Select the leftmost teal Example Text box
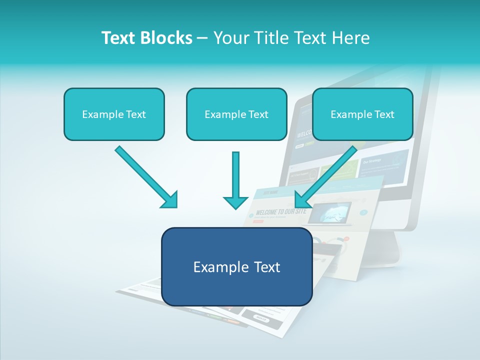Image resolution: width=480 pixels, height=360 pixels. click(114, 114)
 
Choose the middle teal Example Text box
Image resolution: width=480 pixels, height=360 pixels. click(236, 114)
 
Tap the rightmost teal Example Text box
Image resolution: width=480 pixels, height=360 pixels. click(362, 114)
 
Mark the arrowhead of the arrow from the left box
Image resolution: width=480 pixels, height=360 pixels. click(170, 200)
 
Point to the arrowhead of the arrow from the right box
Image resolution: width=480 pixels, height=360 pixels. click(302, 199)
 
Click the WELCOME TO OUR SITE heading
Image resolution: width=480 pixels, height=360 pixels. click(280, 211)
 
